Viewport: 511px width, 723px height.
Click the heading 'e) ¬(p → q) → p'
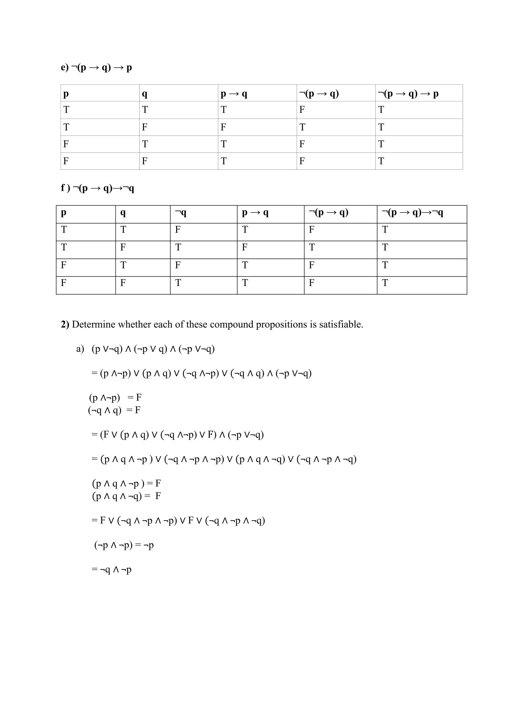click(x=96, y=68)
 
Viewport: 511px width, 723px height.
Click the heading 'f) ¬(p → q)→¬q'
click(x=98, y=188)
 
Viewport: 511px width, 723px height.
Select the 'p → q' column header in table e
click(x=234, y=94)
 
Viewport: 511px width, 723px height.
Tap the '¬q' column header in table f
click(x=181, y=213)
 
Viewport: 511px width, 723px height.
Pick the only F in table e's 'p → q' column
click(x=223, y=127)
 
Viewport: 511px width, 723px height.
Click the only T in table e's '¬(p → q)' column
click(x=302, y=127)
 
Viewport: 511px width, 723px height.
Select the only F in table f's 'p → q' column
click(x=245, y=247)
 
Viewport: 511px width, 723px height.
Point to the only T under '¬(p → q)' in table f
click(x=311, y=247)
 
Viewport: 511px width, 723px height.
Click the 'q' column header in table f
click(x=123, y=213)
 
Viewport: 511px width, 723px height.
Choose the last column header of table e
click(x=408, y=94)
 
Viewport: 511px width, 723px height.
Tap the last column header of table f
click(x=412, y=213)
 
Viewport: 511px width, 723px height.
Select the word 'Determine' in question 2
click(x=94, y=324)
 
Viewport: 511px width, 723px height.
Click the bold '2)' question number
click(x=65, y=324)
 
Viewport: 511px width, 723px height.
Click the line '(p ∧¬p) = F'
click(x=115, y=398)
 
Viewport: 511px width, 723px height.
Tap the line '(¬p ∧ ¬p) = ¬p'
click(x=124, y=545)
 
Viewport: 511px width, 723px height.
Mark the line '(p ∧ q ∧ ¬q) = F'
click(x=126, y=496)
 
